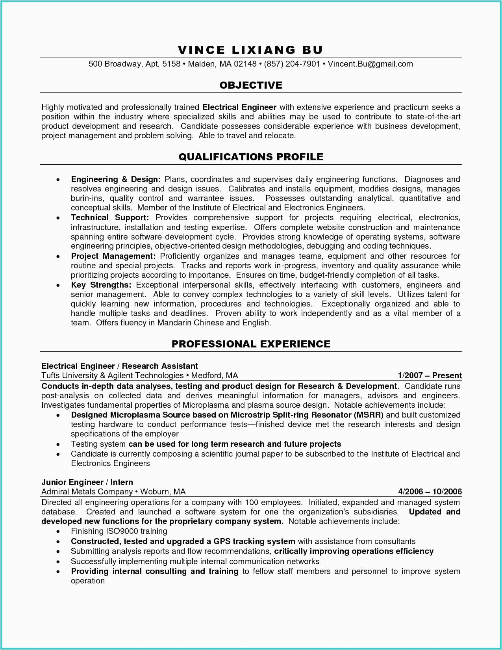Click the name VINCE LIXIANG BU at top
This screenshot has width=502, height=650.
(250, 50)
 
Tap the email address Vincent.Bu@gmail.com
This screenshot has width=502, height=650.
(370, 64)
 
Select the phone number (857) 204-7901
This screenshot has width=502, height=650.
(292, 64)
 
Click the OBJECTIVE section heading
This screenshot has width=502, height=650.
(251, 85)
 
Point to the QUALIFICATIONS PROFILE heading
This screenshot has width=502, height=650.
(251, 157)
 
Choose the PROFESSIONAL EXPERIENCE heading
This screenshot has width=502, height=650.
(251, 344)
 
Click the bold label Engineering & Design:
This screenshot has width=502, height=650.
(116, 179)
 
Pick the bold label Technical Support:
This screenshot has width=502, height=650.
(110, 217)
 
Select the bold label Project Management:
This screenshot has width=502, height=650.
(113, 256)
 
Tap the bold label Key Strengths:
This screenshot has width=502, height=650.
(101, 285)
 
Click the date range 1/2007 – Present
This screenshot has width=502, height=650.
(430, 375)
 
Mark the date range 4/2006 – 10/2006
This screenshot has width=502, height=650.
(430, 492)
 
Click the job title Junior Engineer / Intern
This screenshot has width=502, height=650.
(87, 482)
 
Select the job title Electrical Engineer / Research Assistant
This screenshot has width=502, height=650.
(120, 366)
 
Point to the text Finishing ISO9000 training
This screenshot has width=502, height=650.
(119, 531)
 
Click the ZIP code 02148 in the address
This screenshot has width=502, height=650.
(245, 64)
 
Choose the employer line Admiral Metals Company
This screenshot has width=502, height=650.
(87, 492)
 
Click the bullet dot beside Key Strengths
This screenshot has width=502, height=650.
(58, 285)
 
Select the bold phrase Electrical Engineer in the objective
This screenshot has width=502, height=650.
(239, 107)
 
